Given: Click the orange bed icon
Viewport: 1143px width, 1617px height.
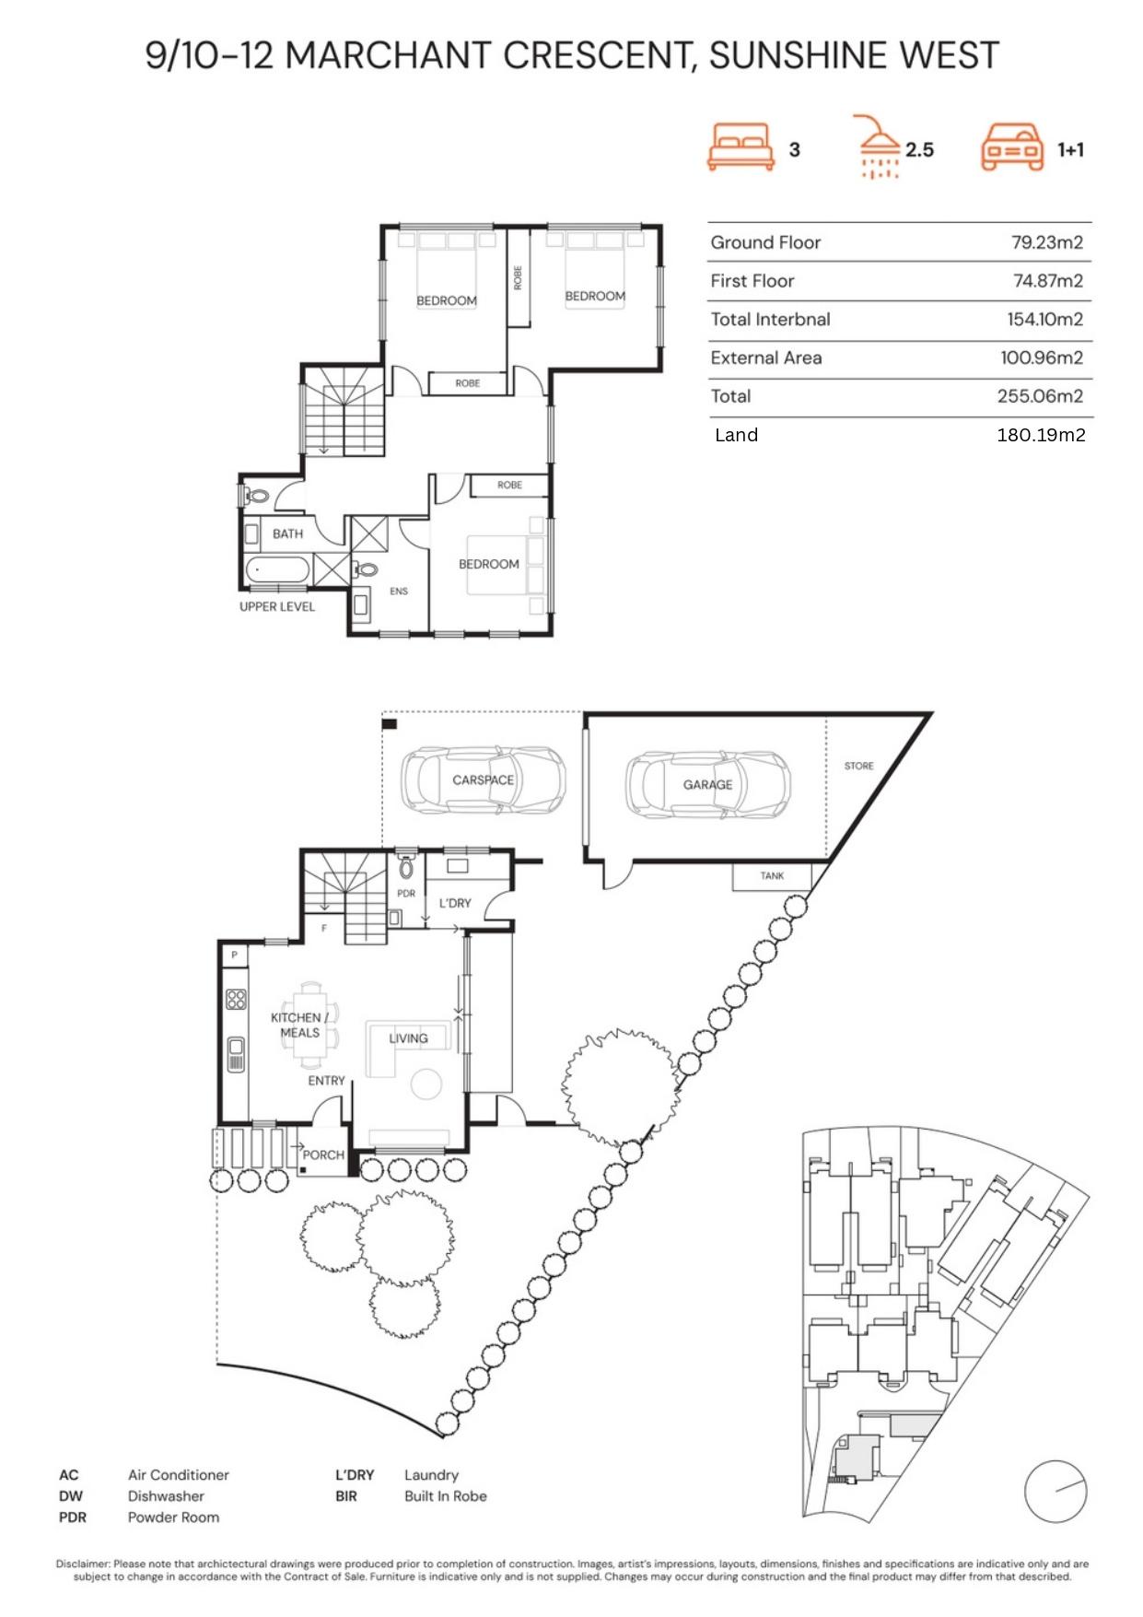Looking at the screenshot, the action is [x=741, y=147].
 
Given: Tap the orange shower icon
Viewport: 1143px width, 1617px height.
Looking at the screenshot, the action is [x=879, y=146].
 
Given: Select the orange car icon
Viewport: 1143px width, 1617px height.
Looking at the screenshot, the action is [x=1012, y=147].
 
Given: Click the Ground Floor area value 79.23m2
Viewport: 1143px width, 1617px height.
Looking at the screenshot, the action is [x=1046, y=242].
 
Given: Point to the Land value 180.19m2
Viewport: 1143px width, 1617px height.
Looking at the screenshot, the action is [x=1041, y=435].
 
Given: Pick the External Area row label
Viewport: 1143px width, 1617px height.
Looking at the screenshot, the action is [x=765, y=357].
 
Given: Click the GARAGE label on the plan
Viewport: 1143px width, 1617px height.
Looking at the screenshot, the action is [x=707, y=784].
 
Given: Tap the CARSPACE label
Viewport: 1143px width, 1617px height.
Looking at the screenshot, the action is [x=483, y=779].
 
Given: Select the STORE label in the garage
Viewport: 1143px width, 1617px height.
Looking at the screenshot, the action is [x=858, y=766].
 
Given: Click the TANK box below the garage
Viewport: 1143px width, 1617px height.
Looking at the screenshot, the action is [x=772, y=876].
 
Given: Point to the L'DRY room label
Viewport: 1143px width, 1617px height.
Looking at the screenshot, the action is [x=455, y=903].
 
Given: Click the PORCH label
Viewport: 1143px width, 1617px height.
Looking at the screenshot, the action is [x=323, y=1154].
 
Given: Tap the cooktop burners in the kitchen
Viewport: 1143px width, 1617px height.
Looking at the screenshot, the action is [x=236, y=999].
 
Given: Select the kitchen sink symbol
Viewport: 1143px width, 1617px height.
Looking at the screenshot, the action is [x=236, y=1054].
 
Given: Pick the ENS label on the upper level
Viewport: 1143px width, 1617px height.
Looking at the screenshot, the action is [x=399, y=592].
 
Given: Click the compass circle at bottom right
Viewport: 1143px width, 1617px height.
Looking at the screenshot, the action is [x=1056, y=1491].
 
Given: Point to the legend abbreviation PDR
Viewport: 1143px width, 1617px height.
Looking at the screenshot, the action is [x=73, y=1517].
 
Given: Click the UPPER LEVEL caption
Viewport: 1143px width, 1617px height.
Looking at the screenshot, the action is [x=277, y=606].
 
